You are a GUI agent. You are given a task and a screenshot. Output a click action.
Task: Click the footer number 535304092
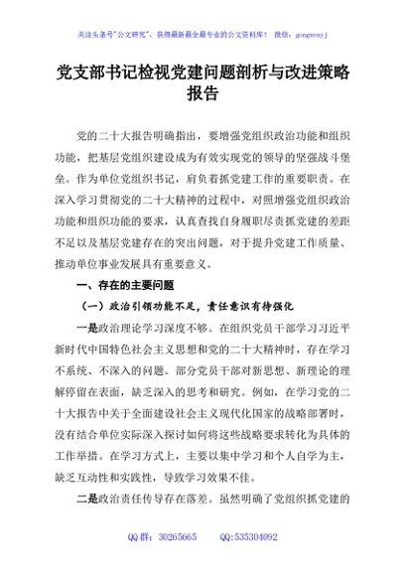tap(256, 564)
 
